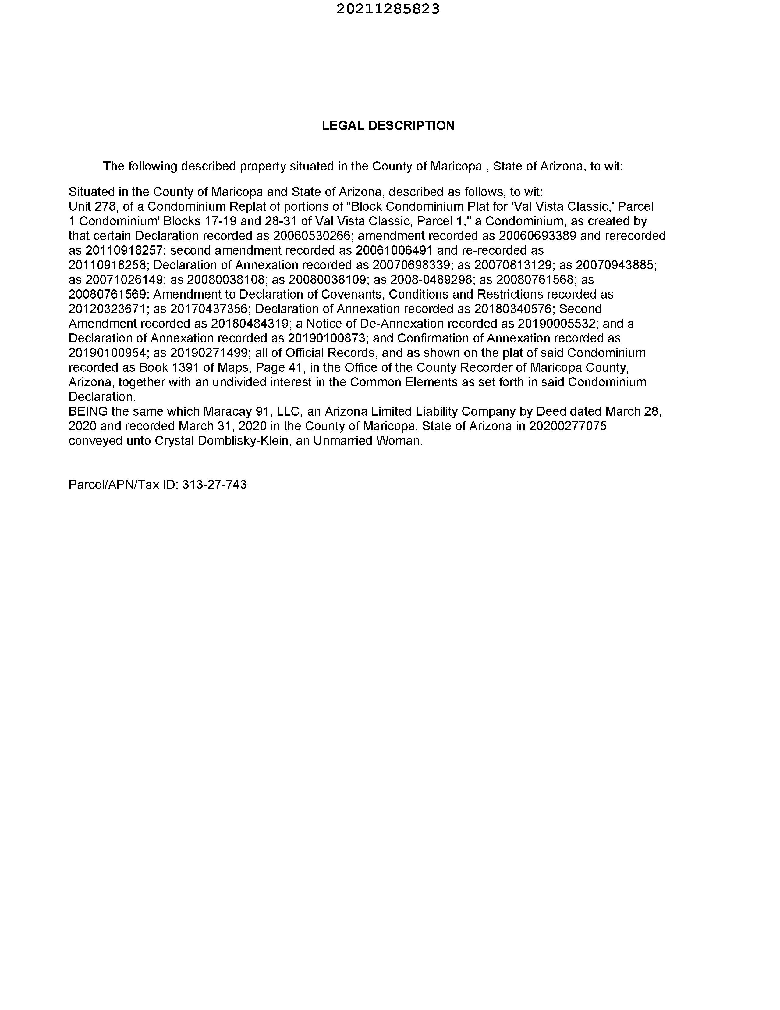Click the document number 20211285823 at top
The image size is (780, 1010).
[388, 9]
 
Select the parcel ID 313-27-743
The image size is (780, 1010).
[214, 485]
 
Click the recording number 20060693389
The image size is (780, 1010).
[537, 236]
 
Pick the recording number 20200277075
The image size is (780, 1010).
[567, 426]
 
